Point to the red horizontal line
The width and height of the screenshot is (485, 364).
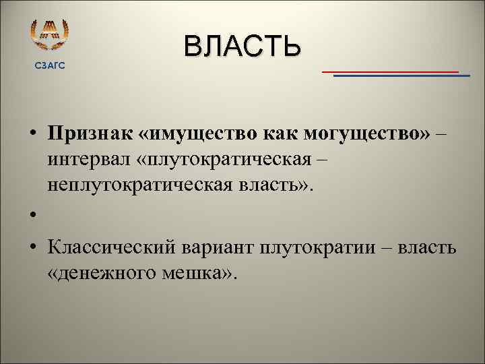(390, 71)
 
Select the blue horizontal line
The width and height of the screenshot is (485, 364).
(401, 76)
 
